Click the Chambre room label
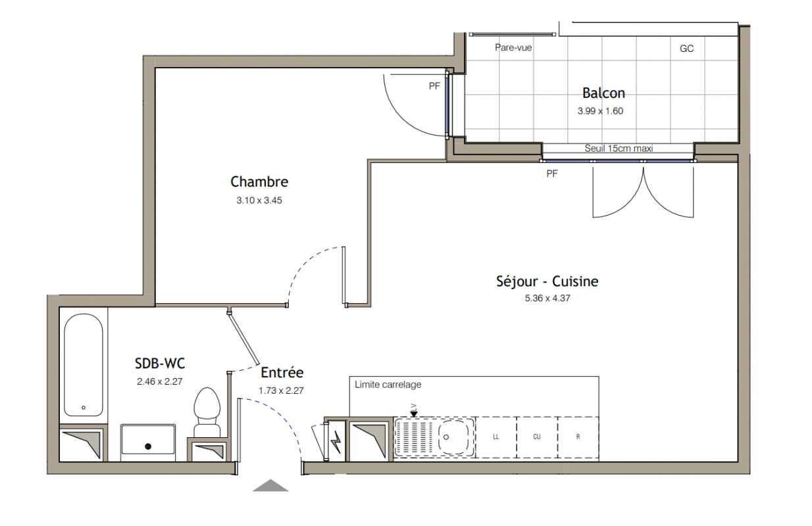tap(259, 182)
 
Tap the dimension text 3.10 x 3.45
tap(259, 201)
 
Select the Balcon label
tap(603, 93)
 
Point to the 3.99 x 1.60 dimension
tap(600, 111)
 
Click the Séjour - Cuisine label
tap(547, 281)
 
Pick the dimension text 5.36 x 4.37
tap(547, 298)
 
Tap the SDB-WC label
tap(160, 364)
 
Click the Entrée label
tap(282, 372)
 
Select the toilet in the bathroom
tap(207, 412)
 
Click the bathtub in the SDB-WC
tap(84, 365)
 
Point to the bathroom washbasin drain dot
tap(148, 446)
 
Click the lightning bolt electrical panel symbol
tap(336, 441)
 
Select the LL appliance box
tap(496, 437)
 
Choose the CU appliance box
tap(537, 437)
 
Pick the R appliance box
tap(578, 437)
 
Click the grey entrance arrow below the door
tap(270, 485)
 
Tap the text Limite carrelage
tap(388, 385)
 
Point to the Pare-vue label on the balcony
tap(513, 47)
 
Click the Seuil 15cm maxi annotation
tap(619, 148)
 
